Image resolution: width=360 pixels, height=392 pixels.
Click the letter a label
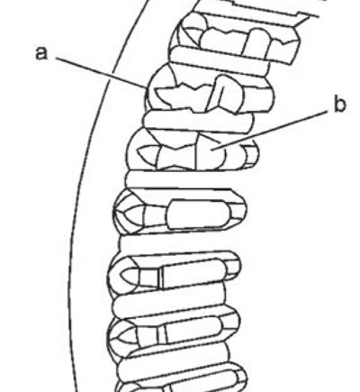pyautogui.click(x=41, y=54)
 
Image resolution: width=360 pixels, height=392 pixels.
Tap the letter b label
pyautogui.click(x=339, y=105)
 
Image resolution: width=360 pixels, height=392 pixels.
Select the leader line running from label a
pyautogui.click(x=101, y=72)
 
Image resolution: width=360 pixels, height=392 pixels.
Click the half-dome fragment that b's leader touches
pyautogui.click(x=210, y=151)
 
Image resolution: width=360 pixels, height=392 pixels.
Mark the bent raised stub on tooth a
pyautogui.click(x=224, y=93)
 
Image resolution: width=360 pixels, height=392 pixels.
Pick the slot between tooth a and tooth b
pyautogui.click(x=198, y=121)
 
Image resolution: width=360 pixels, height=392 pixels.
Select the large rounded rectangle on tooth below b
pyautogui.click(x=198, y=214)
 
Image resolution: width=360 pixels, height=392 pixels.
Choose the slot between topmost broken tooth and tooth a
pyautogui.click(x=219, y=61)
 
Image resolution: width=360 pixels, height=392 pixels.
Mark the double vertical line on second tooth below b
pyautogui.click(x=160, y=278)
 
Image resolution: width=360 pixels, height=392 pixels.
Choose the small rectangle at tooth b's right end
pyautogui.click(x=250, y=156)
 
